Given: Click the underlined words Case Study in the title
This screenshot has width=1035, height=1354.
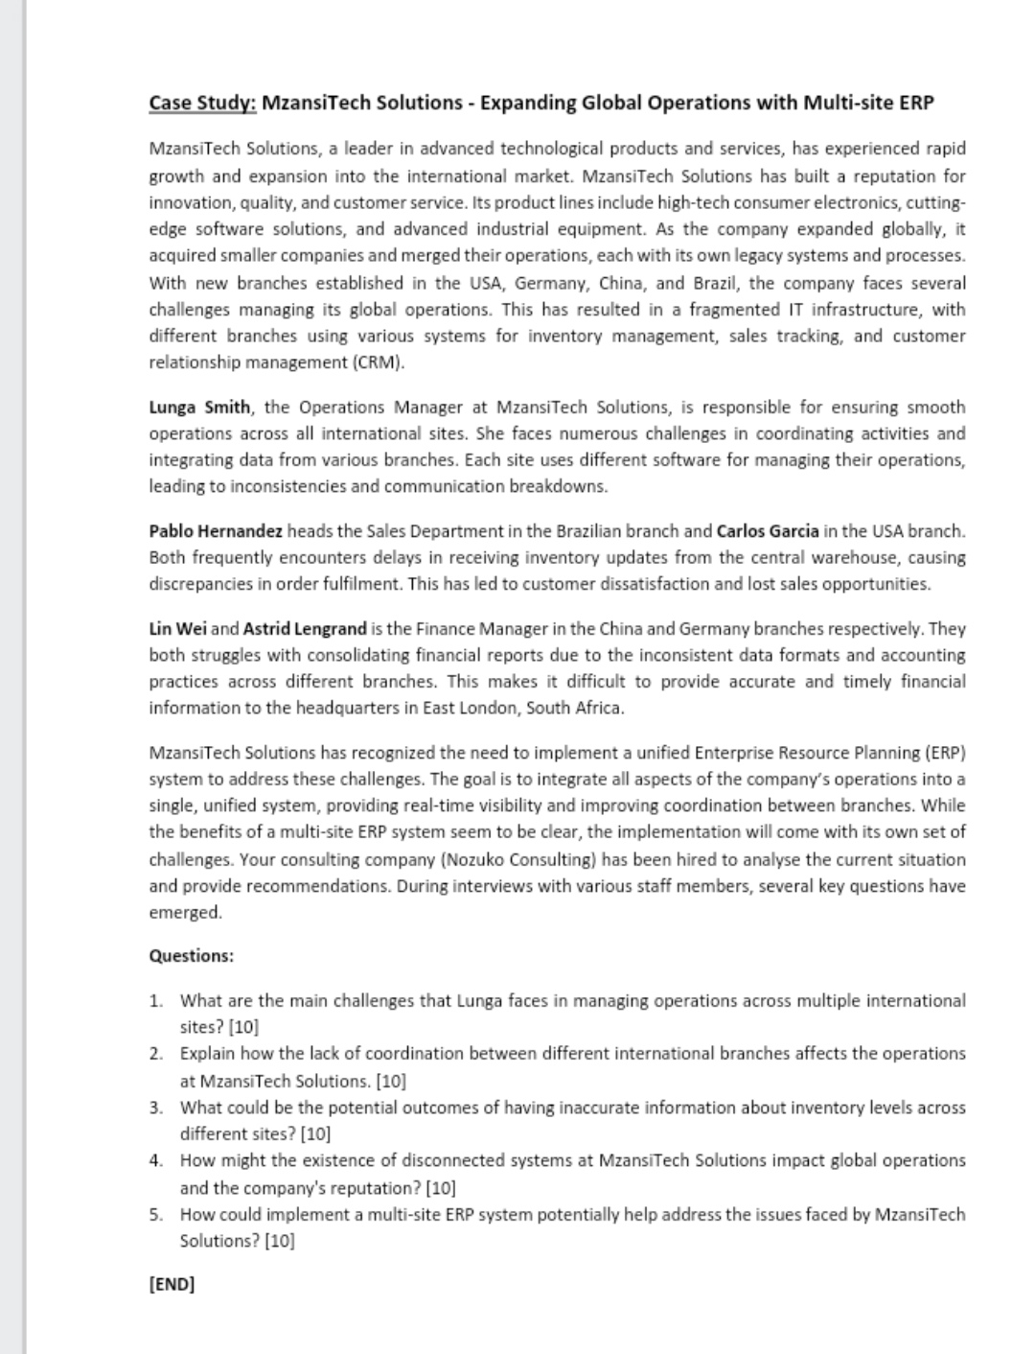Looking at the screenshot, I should coord(202,104).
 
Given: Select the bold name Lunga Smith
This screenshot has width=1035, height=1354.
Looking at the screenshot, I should coord(199,408).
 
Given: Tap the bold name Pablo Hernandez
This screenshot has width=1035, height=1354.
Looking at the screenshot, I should coord(216,531).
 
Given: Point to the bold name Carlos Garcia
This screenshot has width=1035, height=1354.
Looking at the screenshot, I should coord(768,531).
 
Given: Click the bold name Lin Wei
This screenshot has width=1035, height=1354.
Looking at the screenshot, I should coord(177,629).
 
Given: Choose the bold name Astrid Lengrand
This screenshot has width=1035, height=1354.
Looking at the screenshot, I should coord(305,629).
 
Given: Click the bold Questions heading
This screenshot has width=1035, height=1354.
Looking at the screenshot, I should coord(191,956).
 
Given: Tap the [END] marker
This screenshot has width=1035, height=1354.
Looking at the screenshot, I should coord(172,1284).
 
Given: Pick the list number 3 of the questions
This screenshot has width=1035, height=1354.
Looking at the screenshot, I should coord(155,1109).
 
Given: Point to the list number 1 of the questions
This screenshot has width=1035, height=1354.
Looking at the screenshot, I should coord(155,1001).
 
